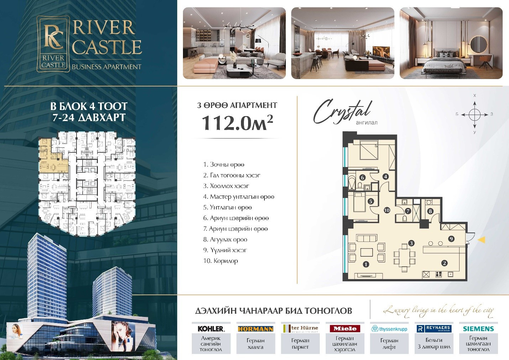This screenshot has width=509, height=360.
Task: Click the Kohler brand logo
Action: [211, 328]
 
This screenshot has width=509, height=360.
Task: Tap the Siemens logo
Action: [478, 329]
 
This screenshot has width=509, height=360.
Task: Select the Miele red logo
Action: [345, 328]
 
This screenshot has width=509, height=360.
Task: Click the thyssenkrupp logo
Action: [389, 329]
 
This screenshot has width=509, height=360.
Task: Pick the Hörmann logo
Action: [255, 329]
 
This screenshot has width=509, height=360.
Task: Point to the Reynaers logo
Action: [434, 328]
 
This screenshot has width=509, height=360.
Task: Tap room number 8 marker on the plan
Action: [430, 211]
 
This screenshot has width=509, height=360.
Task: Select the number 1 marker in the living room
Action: [366, 264]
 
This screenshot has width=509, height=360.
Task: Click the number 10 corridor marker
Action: [387, 210]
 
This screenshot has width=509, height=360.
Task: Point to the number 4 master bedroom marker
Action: [385, 176]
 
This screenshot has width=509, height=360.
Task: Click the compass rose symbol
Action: [474, 115]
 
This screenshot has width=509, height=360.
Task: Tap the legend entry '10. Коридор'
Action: [220, 261]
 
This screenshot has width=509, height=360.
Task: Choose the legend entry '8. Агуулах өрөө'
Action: [225, 240]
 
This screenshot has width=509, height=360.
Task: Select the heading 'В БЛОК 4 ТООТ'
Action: [89, 106]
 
